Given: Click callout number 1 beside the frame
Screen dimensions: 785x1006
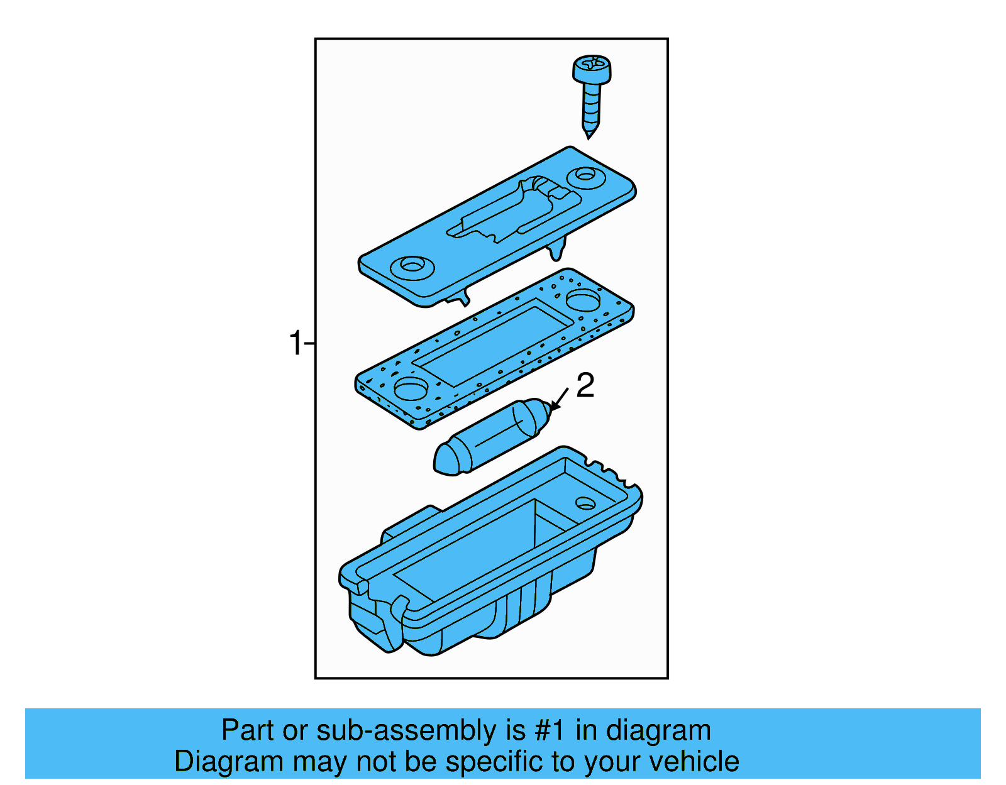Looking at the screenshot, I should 296,344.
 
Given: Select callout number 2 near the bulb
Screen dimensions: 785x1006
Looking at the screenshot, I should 585,385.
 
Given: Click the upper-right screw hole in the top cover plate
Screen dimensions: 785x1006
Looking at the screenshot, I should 586,176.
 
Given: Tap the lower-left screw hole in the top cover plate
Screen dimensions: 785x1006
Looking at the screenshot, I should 412,266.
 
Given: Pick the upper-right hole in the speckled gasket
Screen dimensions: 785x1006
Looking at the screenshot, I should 584,300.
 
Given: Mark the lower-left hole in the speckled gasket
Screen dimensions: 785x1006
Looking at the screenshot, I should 411,388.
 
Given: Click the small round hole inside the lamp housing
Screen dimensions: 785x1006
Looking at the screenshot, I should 585,504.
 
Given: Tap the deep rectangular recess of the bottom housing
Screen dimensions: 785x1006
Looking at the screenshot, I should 478,553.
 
